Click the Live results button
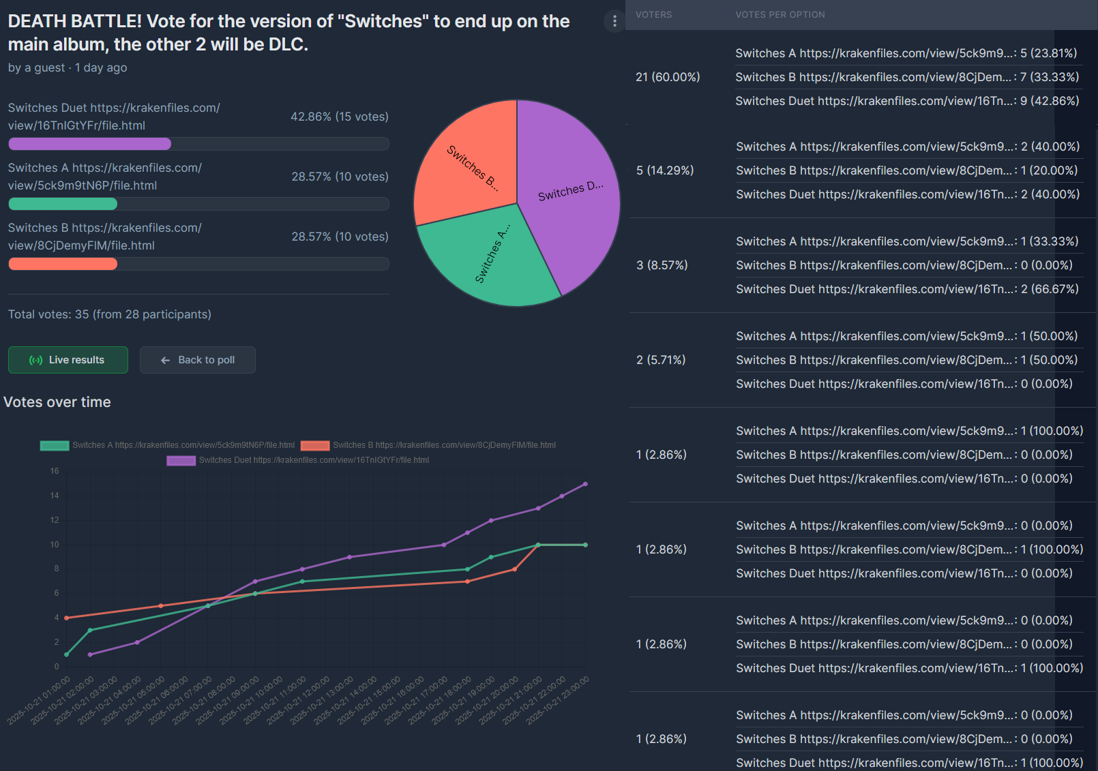[68, 360]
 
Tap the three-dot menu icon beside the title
[614, 22]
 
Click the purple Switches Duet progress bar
[90, 144]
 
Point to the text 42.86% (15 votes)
[340, 117]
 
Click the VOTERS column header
[653, 15]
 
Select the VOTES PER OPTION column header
[780, 15]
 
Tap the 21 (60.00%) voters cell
[668, 77]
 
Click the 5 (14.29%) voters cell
[665, 170]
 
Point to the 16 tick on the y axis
[55, 471]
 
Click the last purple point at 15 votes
[585, 484]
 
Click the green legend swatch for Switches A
[55, 445]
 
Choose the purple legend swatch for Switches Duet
[181, 460]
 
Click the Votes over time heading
[57, 402]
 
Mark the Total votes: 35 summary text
[110, 314]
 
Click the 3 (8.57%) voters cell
[662, 265]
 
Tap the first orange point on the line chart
[66, 618]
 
